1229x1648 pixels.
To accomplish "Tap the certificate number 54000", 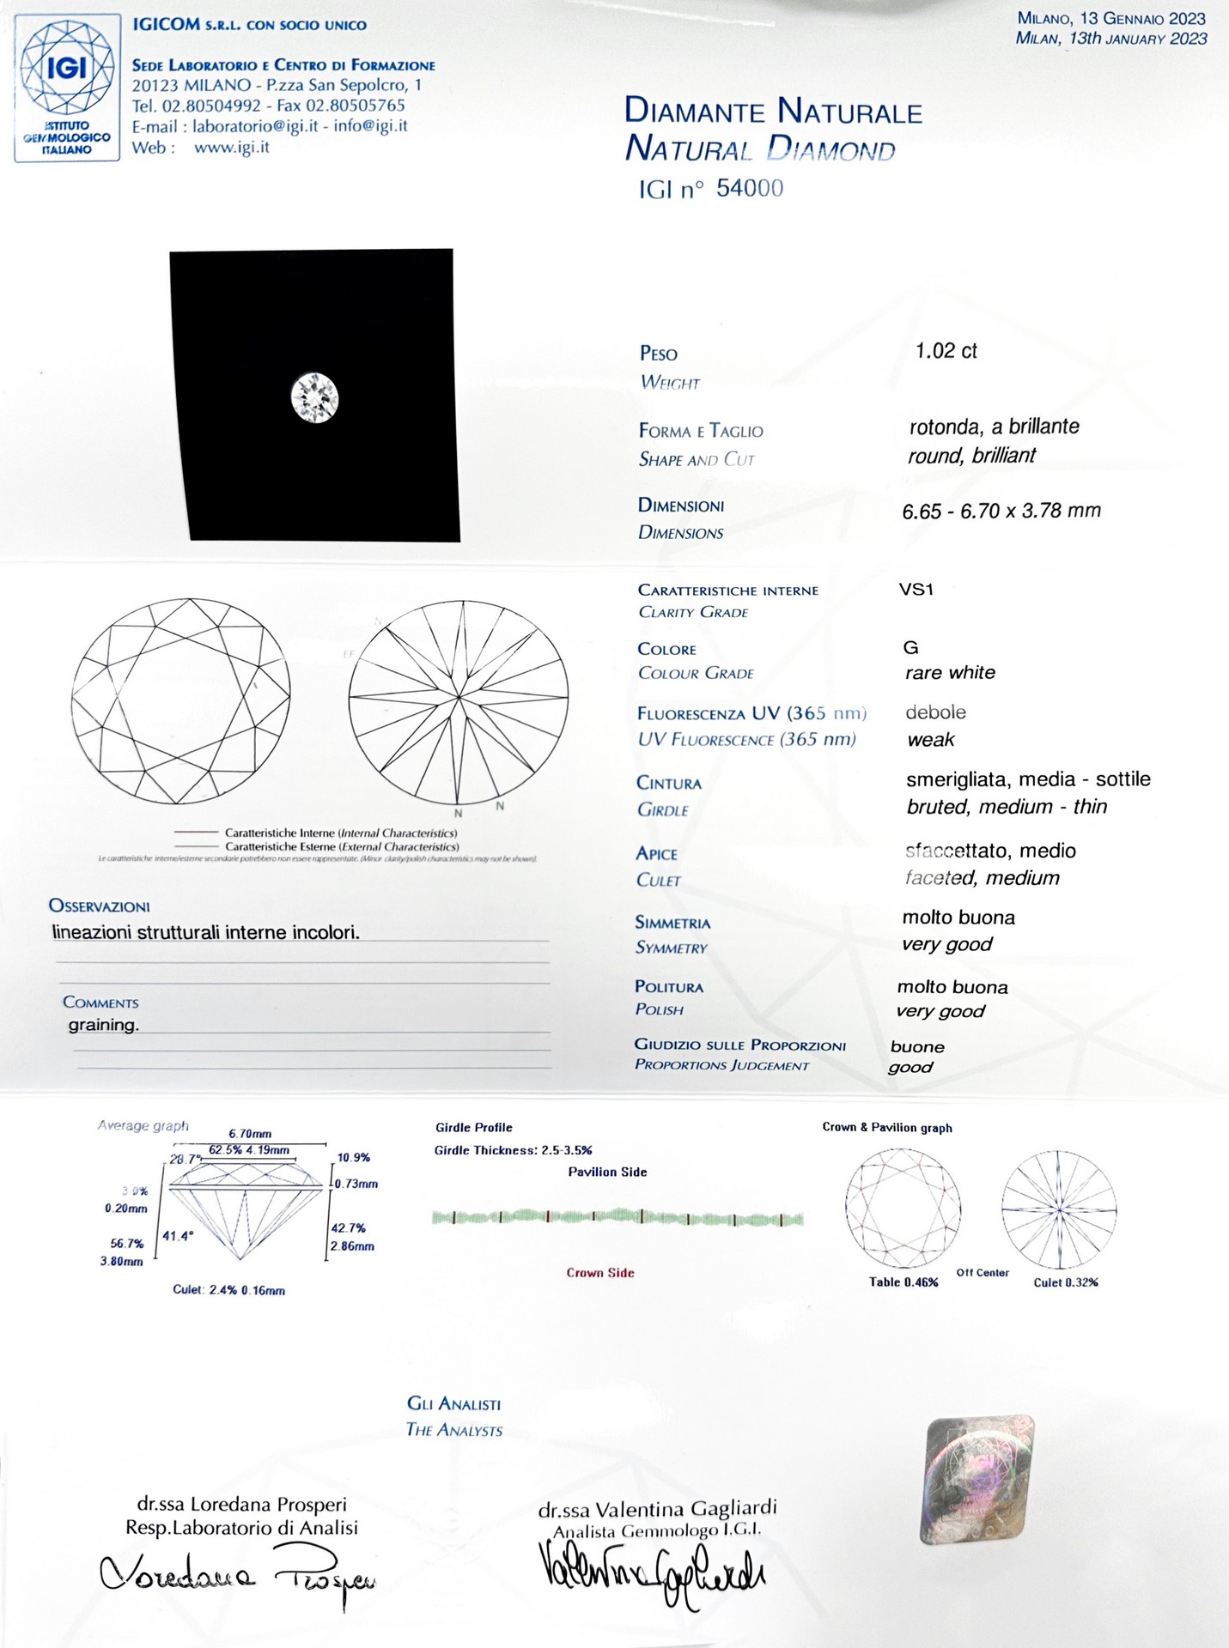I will click(x=749, y=189).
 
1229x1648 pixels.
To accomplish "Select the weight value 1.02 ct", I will click(x=946, y=351).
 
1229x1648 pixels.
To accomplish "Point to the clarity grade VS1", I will click(x=916, y=590).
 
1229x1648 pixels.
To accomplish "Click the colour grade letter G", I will click(x=911, y=648).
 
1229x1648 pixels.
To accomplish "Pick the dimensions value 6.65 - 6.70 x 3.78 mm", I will click(x=1001, y=512).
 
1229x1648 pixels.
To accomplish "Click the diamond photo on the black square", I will click(x=315, y=397).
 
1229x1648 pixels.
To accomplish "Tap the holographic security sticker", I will click(x=977, y=1480).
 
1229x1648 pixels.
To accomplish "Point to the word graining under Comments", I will click(x=104, y=1025).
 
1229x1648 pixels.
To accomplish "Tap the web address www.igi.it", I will click(x=232, y=147).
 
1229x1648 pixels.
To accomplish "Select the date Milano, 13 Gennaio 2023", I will click(x=1111, y=18).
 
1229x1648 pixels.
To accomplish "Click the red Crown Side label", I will click(x=600, y=1273).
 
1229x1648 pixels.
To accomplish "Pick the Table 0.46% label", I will click(x=903, y=1282).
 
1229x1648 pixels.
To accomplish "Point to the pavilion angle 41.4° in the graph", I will click(x=179, y=1236).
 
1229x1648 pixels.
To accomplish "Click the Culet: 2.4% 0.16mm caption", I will click(x=228, y=1290).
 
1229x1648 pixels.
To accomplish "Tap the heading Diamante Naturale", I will click(x=773, y=112).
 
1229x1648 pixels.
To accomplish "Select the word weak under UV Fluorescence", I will click(x=931, y=740).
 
